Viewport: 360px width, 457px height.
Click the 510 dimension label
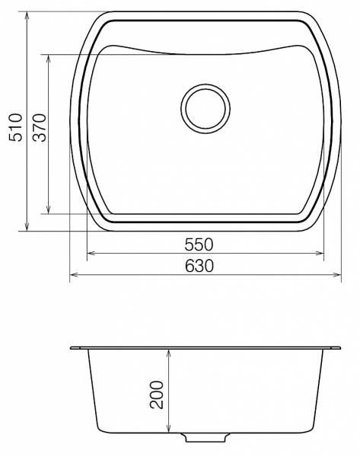[15, 128]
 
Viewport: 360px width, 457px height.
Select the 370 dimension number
[40, 128]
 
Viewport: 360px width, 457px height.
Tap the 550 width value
[199, 244]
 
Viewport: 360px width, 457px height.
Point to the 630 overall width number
[199, 266]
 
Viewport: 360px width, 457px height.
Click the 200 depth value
[157, 395]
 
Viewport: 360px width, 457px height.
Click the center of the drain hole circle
[205, 109]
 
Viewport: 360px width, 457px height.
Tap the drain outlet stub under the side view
[205, 437]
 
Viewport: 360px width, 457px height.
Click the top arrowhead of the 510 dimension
[27, 15]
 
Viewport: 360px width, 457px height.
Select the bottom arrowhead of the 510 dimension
[27, 228]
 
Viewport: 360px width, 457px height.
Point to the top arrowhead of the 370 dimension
[49, 58]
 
